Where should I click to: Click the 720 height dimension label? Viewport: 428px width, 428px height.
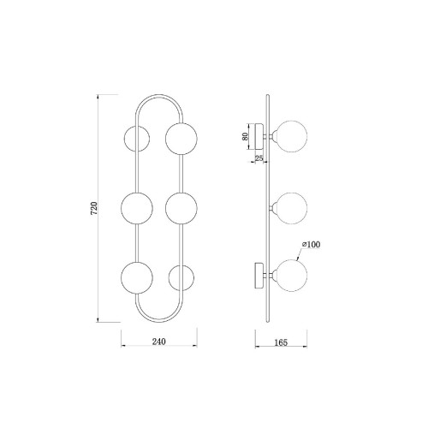[x=94, y=208]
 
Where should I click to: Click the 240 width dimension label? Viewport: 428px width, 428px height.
[x=159, y=342]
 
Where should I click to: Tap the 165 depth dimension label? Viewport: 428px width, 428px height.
[x=281, y=342]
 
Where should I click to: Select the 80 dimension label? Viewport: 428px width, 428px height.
[x=245, y=136]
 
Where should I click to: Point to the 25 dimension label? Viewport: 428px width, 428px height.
[x=259, y=158]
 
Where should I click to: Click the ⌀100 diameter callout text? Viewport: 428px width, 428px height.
[x=311, y=244]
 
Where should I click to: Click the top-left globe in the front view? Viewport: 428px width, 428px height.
[x=137, y=139]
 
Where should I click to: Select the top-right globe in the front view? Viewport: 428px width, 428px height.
[x=181, y=139]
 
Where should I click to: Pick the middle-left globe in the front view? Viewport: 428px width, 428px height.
[x=137, y=208]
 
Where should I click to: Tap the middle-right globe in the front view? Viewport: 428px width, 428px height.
[x=181, y=208]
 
